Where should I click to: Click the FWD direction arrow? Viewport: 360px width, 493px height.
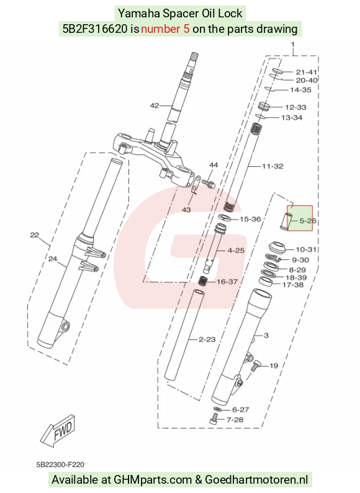(x=58, y=430)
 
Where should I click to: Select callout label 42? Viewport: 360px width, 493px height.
(x=155, y=105)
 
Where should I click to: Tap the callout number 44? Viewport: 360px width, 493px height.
(x=214, y=165)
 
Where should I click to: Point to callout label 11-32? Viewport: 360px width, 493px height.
(x=272, y=166)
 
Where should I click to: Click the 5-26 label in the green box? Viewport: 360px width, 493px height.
(x=307, y=221)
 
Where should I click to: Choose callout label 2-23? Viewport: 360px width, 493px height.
(x=207, y=339)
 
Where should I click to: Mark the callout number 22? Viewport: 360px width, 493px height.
(x=35, y=235)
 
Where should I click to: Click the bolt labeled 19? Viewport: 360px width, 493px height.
(x=256, y=366)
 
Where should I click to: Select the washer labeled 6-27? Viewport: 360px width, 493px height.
(x=217, y=409)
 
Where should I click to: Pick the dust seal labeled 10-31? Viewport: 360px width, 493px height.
(x=277, y=248)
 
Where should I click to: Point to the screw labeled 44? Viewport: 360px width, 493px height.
(x=208, y=183)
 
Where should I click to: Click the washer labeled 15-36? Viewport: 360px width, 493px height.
(x=225, y=217)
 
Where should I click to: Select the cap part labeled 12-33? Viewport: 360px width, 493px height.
(x=264, y=106)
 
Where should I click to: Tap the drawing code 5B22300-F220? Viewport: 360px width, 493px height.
(x=60, y=464)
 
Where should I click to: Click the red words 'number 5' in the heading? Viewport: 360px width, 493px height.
(x=165, y=29)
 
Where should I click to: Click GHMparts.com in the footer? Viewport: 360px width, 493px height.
(x=153, y=480)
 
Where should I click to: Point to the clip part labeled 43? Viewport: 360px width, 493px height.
(x=195, y=186)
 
